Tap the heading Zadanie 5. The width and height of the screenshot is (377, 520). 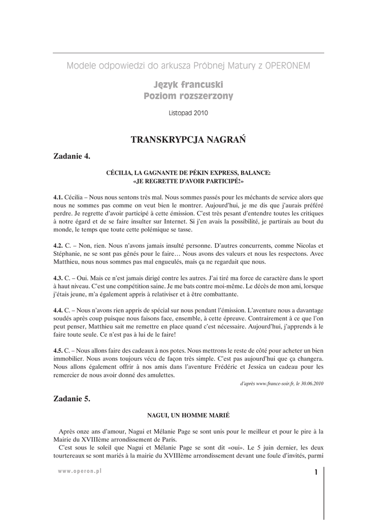point(72,399)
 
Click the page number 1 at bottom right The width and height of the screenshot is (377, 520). point(315,472)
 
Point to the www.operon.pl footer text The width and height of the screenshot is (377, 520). point(80,471)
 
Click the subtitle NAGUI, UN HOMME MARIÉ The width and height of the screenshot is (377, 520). point(188,415)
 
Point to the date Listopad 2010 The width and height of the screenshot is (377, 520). point(188,113)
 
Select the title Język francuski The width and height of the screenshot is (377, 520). point(188,84)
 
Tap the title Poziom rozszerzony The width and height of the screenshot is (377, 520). point(188,96)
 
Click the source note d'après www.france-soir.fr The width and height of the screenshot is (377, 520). point(282,383)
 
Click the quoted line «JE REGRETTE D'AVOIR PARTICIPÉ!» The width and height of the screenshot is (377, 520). point(188,181)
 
